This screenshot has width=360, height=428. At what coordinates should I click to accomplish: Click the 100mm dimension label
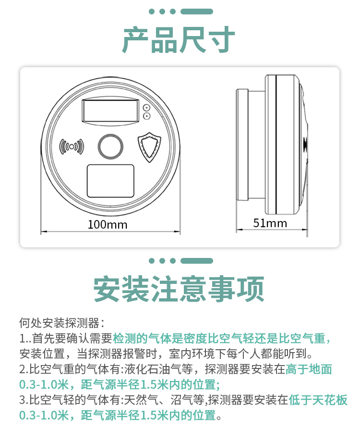[108, 225]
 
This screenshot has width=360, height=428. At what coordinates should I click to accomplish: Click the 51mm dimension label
[270, 223]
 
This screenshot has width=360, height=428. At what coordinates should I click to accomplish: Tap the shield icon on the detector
[149, 147]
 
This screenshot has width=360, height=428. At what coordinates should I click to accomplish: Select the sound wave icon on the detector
[72, 147]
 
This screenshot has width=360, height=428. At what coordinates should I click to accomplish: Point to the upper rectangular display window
[110, 111]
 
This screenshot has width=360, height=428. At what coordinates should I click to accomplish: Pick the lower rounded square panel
[110, 181]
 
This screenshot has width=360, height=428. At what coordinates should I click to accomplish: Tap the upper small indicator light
[147, 108]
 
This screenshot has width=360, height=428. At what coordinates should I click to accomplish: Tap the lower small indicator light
[147, 116]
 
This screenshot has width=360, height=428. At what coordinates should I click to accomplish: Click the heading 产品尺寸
[179, 40]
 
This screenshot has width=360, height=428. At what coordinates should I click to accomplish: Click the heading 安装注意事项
[179, 289]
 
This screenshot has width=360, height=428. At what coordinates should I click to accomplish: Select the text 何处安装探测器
[59, 323]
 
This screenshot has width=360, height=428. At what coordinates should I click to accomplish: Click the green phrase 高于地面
[309, 369]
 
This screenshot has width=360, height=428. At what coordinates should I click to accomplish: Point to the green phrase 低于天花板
[318, 400]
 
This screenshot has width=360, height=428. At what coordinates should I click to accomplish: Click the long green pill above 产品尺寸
[197, 12]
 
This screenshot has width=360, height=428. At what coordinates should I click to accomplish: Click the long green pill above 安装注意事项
[197, 261]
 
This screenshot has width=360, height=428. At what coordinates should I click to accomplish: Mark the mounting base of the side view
[242, 145]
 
